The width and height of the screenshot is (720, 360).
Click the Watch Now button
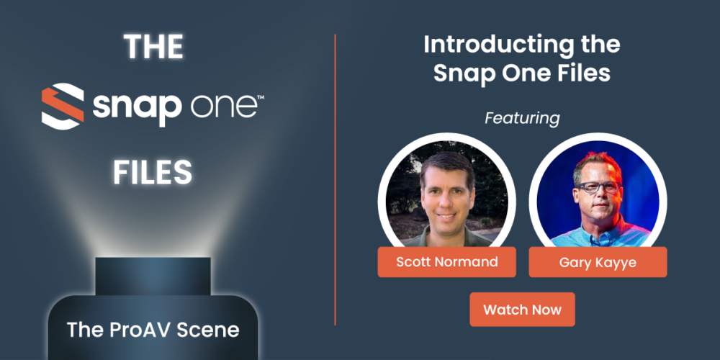click(522, 310)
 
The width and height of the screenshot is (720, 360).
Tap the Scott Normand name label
click(446, 262)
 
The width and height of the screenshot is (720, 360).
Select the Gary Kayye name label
click(598, 262)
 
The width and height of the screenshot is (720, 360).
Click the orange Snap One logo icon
click(62, 106)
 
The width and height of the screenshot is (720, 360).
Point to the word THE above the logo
click(153, 48)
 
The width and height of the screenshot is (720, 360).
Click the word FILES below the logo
click(153, 172)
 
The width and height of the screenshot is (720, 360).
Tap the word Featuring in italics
click(522, 117)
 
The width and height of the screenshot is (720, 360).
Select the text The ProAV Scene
click(153, 330)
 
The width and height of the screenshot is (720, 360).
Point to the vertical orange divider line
click(336, 180)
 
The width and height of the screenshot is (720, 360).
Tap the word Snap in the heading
click(462, 73)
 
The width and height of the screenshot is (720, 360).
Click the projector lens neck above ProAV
click(153, 275)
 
